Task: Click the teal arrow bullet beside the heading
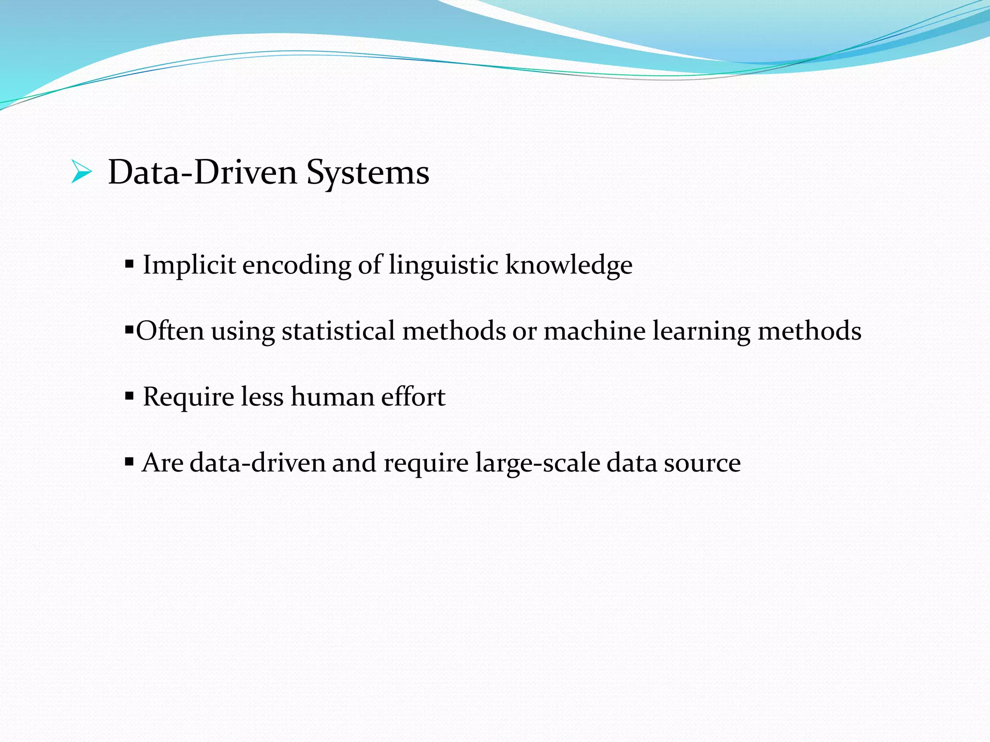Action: (x=81, y=172)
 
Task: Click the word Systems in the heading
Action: (x=367, y=173)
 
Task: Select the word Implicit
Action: (x=189, y=265)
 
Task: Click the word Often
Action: (x=170, y=331)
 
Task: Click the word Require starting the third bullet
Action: (x=189, y=398)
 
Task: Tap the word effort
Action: (x=413, y=397)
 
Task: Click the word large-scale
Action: (x=537, y=463)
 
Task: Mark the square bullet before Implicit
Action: (x=129, y=264)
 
